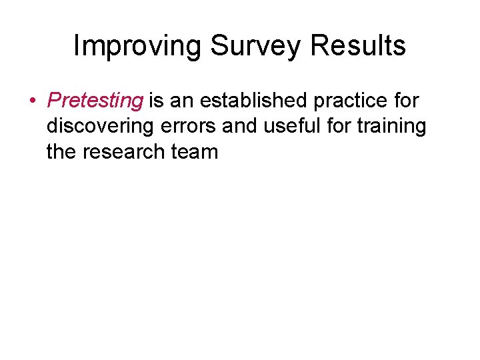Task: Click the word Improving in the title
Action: point(137,46)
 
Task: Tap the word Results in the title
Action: point(359,46)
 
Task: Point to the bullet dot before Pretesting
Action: point(32,101)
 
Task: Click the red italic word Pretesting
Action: point(95,101)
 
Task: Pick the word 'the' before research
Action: point(62,152)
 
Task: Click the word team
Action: point(195,152)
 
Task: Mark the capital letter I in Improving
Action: point(76,46)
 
